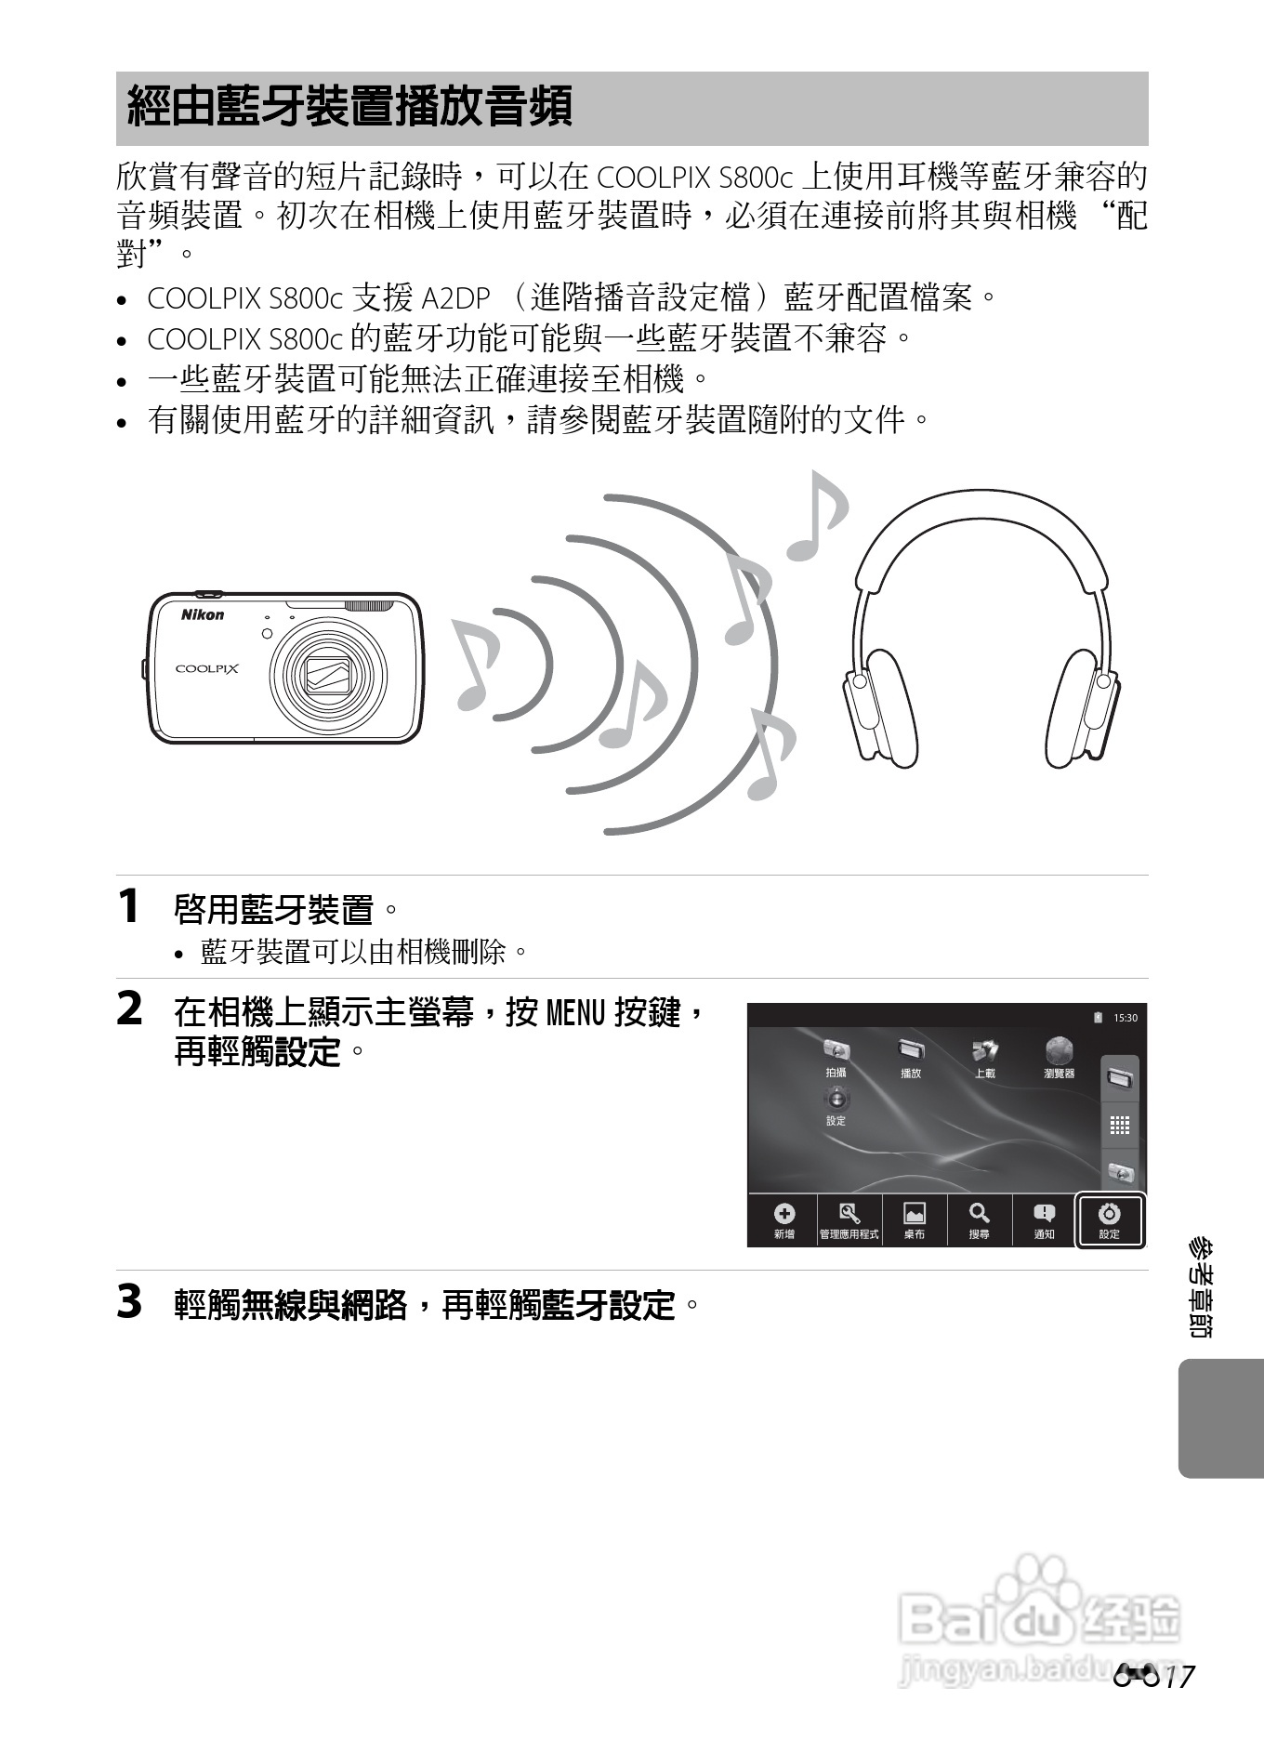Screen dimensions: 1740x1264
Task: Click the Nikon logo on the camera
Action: coord(202,614)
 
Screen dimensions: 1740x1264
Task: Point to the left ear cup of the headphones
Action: coord(886,709)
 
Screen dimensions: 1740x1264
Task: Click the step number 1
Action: coord(129,906)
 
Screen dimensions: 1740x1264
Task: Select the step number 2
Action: coord(130,1009)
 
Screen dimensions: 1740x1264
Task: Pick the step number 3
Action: coord(130,1302)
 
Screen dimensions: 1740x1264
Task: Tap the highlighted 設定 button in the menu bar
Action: coord(1109,1219)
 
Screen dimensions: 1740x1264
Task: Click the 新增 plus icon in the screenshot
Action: coord(783,1214)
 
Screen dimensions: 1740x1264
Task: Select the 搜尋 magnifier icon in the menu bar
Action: coord(979,1214)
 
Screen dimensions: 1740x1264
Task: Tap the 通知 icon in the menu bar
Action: coord(1044,1214)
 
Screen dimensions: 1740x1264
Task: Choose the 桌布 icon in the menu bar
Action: coord(914,1214)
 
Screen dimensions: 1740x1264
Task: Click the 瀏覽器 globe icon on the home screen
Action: coord(1059,1051)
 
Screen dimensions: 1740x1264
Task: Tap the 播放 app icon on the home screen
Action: coord(910,1050)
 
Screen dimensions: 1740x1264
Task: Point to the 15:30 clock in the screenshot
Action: coord(1125,1018)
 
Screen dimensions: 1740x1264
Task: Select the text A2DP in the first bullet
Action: coord(455,298)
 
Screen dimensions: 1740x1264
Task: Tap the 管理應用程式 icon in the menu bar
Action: coord(849,1214)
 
